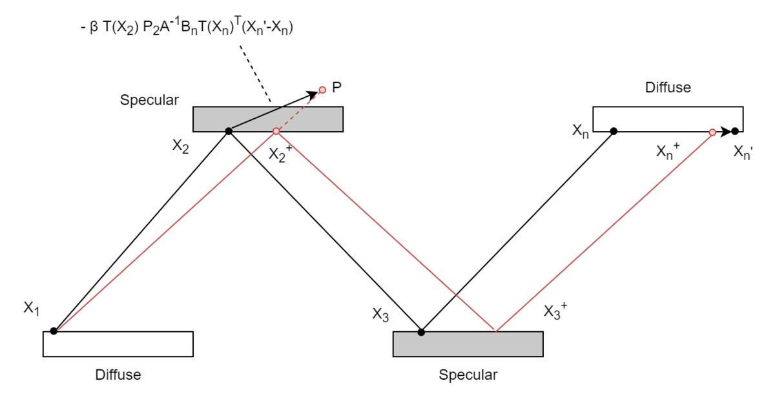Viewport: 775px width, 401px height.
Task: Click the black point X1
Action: pyautogui.click(x=54, y=331)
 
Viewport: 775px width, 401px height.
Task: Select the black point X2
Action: pyautogui.click(x=229, y=131)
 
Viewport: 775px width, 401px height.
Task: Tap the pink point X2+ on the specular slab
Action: pyautogui.click(x=276, y=131)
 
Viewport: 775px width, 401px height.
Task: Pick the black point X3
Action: pyautogui.click(x=421, y=332)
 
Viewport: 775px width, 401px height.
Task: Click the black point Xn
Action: pyautogui.click(x=614, y=131)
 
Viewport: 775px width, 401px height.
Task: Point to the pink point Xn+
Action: pyautogui.click(x=712, y=132)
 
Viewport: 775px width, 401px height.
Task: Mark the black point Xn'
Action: pyautogui.click(x=735, y=131)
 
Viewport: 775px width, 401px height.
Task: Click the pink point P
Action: pyautogui.click(x=322, y=90)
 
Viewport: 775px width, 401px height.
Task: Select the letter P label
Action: pyautogui.click(x=336, y=87)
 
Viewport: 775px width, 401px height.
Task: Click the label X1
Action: pyautogui.click(x=32, y=308)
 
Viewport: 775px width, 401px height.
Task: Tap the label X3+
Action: pyautogui.click(x=555, y=311)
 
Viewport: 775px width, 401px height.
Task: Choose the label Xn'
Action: pyautogui.click(x=743, y=152)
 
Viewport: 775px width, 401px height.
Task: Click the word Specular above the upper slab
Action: pyautogui.click(x=149, y=100)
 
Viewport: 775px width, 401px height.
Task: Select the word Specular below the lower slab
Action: pyautogui.click(x=468, y=375)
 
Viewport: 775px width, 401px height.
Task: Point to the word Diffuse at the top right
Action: pyautogui.click(x=668, y=87)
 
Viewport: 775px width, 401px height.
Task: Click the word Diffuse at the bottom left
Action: pyautogui.click(x=118, y=375)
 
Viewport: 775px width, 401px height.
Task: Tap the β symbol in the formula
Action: pyautogui.click(x=94, y=28)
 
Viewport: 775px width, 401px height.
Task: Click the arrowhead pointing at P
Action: pyautogui.click(x=313, y=94)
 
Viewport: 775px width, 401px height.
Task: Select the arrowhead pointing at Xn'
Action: pyautogui.click(x=726, y=132)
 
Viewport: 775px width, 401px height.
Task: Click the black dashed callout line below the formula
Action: pyautogui.click(x=255, y=74)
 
